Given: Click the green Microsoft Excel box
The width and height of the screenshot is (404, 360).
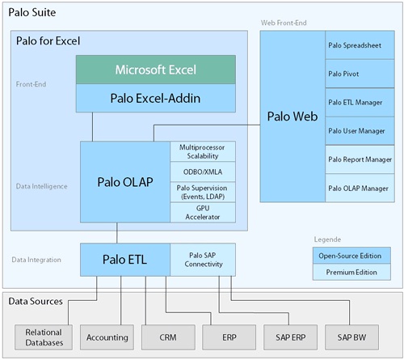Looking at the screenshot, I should click(156, 70).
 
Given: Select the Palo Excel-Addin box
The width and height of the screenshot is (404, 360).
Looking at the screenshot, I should click(156, 98).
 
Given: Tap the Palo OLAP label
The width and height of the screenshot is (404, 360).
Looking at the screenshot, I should click(126, 180).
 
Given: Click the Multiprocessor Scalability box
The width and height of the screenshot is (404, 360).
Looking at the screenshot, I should click(204, 150).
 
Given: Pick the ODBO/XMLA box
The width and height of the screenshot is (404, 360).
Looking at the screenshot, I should click(204, 172).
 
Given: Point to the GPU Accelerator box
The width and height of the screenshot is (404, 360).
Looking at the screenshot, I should click(204, 212).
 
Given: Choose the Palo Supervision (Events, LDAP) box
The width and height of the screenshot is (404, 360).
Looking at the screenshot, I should click(204, 192).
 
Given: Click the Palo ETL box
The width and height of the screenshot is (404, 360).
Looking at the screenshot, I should click(124, 259).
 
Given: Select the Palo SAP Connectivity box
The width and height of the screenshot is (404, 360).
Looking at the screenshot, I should click(203, 259).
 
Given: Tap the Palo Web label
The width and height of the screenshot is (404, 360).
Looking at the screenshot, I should click(292, 116).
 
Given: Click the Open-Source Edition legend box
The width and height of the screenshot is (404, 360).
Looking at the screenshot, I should click(351, 255).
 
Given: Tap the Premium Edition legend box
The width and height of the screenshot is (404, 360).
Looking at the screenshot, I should click(351, 272).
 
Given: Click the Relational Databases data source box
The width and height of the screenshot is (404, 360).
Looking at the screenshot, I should click(44, 336).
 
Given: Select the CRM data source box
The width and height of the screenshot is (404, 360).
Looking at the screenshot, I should click(167, 336).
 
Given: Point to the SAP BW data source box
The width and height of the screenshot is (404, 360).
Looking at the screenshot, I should click(352, 336).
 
